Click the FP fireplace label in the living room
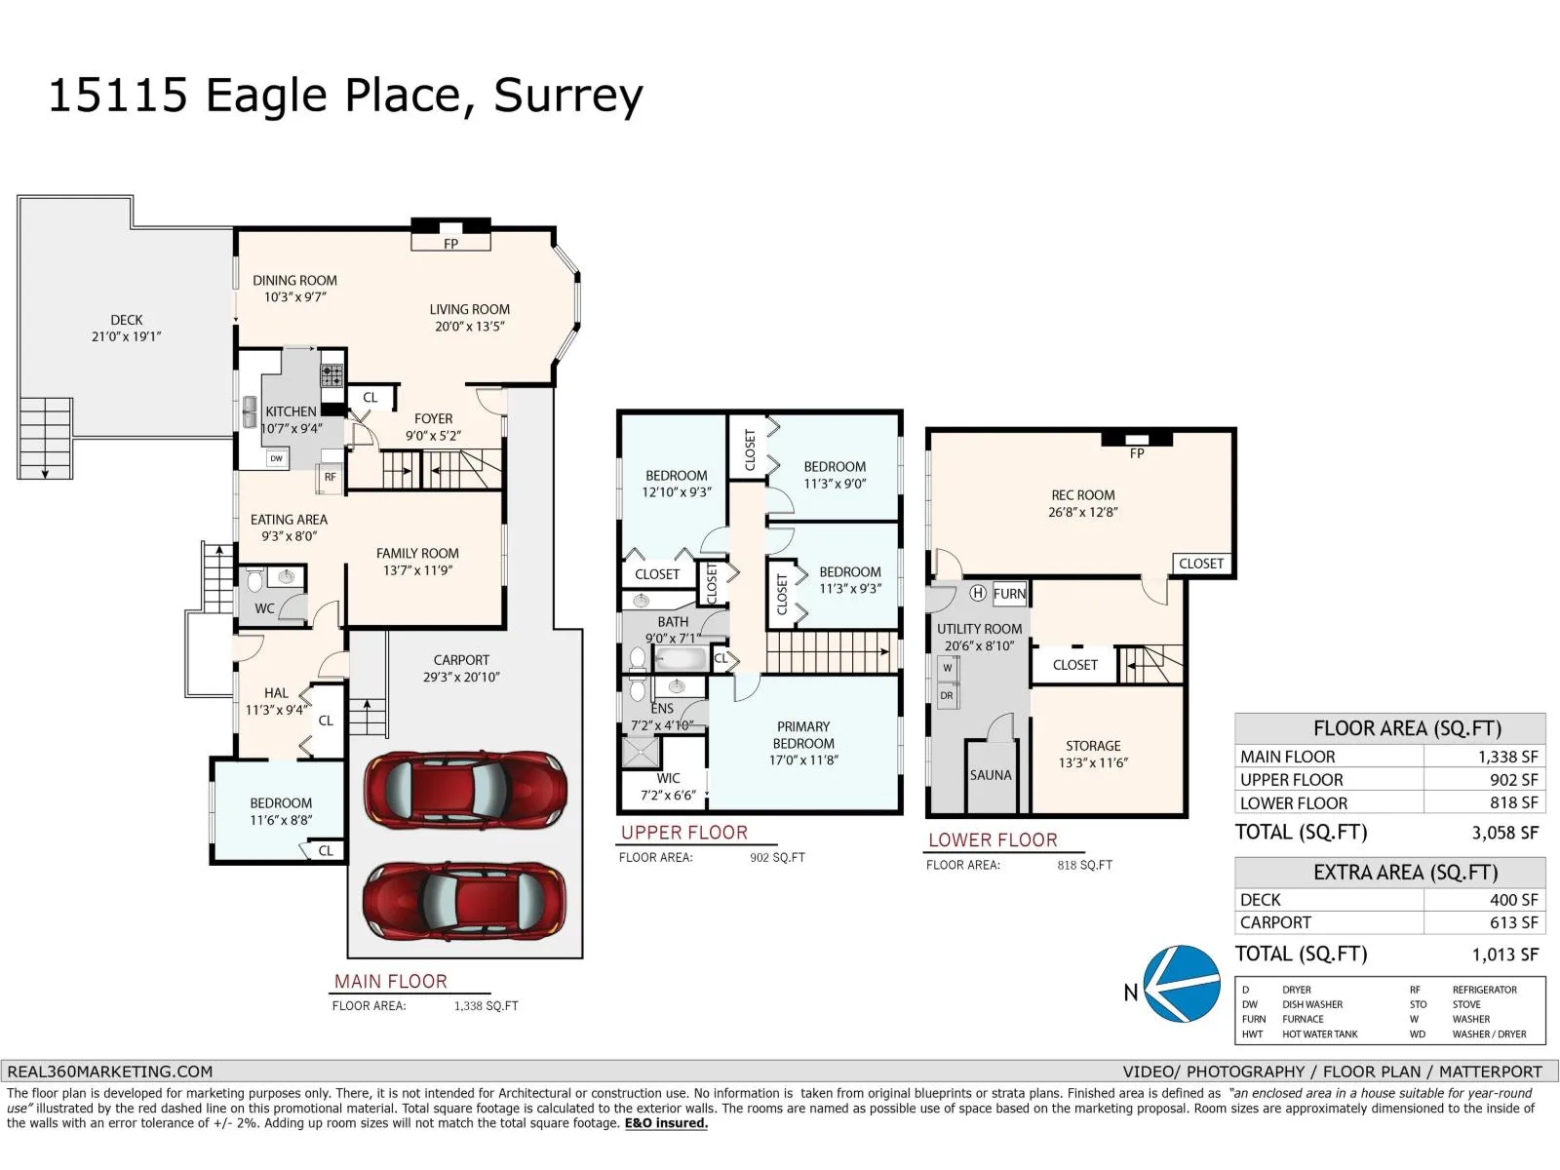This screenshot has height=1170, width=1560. [x=450, y=244]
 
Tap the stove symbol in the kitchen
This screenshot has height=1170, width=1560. [x=331, y=374]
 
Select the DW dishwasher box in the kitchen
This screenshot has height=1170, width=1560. [x=277, y=458]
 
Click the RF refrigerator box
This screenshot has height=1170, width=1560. [x=331, y=478]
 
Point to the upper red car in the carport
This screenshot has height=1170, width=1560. [x=465, y=790]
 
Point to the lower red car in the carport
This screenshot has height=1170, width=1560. [x=465, y=902]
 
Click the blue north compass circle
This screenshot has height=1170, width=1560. [x=1181, y=984]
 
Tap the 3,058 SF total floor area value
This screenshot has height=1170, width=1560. [x=1504, y=833]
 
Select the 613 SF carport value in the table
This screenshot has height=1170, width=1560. [x=1514, y=922]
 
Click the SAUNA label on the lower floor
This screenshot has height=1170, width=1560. [x=990, y=775]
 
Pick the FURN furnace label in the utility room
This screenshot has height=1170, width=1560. [x=1009, y=594]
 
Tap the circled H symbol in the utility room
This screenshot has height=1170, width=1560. [x=978, y=593]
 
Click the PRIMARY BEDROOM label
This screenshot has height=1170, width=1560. [x=803, y=734]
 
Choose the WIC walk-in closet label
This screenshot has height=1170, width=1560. [x=668, y=779]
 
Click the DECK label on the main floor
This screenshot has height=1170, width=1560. [x=127, y=321]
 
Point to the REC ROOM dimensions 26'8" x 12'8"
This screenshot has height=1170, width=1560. [x=1082, y=512]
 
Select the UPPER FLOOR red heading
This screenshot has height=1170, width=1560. [x=683, y=833]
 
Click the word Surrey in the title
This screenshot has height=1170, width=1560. [x=568, y=96]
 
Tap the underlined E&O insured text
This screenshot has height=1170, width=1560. [x=666, y=1123]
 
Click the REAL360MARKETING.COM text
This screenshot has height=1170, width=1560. [x=110, y=1072]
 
